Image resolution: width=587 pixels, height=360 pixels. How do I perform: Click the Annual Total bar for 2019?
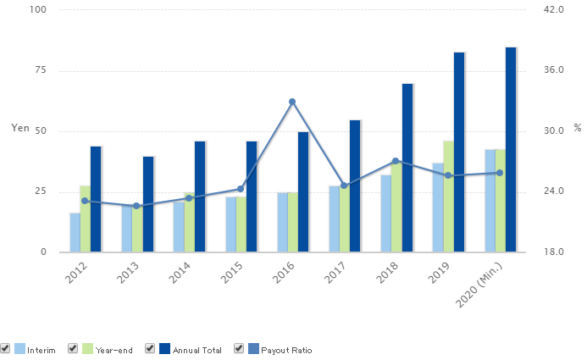click(x=459, y=152)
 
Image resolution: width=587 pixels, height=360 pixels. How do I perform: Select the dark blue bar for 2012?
click(x=96, y=199)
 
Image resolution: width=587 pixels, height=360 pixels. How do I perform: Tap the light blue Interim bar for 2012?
click(x=75, y=232)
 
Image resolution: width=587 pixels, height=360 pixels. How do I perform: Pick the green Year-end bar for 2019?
click(x=448, y=197)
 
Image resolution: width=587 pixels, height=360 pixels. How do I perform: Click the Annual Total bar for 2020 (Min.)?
click(x=511, y=150)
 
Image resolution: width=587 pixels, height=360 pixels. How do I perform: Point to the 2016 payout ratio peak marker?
click(x=292, y=102)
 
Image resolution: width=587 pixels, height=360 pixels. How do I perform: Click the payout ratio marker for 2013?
click(x=136, y=206)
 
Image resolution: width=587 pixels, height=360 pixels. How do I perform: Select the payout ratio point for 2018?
click(x=396, y=161)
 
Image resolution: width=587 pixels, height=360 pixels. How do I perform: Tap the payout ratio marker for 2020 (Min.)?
click(x=500, y=173)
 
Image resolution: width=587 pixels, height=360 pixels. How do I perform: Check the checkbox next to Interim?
click(x=5, y=348)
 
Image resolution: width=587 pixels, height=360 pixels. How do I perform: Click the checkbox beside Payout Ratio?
click(x=239, y=348)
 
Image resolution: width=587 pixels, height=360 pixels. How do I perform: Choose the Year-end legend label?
click(x=114, y=351)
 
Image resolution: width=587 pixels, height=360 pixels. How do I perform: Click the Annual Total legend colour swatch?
click(x=164, y=349)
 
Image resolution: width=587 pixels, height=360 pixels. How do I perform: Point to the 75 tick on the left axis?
click(x=41, y=70)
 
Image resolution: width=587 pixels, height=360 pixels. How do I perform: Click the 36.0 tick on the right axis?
click(x=554, y=70)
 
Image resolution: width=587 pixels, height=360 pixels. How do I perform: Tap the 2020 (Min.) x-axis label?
click(x=479, y=285)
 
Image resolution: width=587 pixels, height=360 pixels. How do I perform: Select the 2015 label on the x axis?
click(x=232, y=273)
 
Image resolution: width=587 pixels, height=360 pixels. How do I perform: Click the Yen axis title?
click(x=20, y=128)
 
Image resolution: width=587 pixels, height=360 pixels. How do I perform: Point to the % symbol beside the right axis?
click(x=578, y=128)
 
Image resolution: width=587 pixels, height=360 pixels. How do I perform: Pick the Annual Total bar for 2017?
click(x=355, y=186)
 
